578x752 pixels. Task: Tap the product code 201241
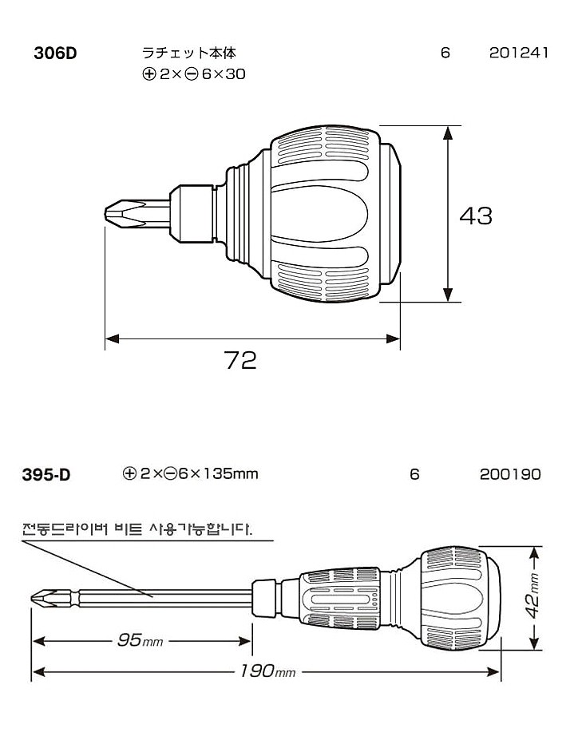tap(518, 53)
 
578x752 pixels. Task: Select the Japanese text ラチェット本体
tap(188, 53)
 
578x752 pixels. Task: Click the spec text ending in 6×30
tap(193, 75)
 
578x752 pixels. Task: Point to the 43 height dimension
tap(476, 215)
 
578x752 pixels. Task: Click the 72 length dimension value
tap(240, 361)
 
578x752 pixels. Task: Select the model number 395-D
tap(46, 476)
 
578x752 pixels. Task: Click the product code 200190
tap(510, 474)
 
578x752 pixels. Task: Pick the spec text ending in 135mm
tap(191, 474)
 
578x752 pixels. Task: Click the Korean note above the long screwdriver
tap(137, 529)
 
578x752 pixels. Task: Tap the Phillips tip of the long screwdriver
tap(42, 596)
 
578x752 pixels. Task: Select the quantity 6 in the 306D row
tap(445, 53)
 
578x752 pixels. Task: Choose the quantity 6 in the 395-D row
tap(414, 474)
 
